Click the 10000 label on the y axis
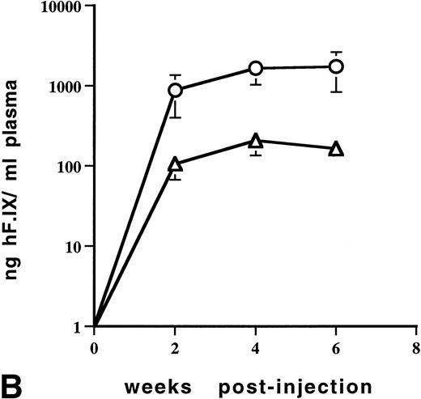[64, 8]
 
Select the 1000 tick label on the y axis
[68, 87]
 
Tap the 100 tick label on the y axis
[71, 166]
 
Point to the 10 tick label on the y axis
[75, 246]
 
